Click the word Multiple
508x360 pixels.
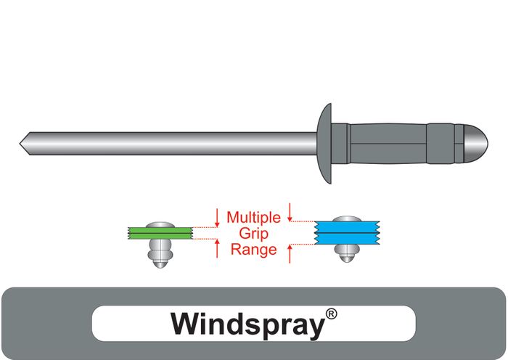point(253,216)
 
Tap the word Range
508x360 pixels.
point(253,250)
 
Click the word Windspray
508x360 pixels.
point(246,324)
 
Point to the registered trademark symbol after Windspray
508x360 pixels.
point(331,314)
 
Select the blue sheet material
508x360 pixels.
point(342,234)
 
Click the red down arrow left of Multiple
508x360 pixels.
point(217,216)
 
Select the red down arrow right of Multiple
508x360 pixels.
point(290,212)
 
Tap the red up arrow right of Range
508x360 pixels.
point(290,253)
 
